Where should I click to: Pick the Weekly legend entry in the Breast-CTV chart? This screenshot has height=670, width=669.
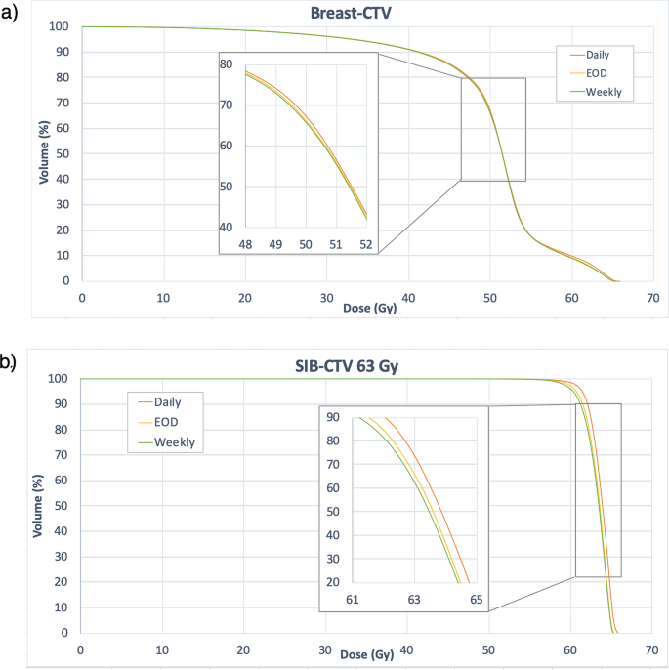pyautogui.click(x=603, y=92)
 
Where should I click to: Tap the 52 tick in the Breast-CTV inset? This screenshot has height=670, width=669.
pyautogui.click(x=365, y=243)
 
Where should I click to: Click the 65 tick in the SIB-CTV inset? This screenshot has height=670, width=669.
pyautogui.click(x=476, y=599)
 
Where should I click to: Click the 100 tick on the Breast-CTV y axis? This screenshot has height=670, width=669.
pyautogui.click(x=59, y=26)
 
